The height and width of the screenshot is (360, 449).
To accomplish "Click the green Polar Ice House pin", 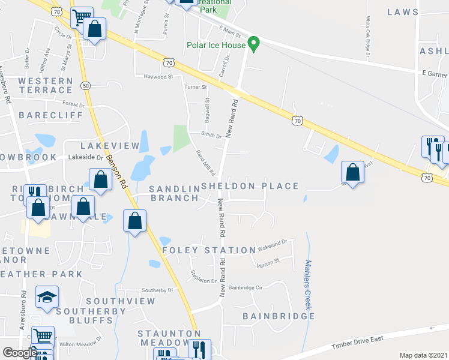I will point(253,44).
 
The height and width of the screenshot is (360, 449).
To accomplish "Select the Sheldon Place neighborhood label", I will point(250,186).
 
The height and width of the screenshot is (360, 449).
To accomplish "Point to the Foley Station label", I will point(209,250).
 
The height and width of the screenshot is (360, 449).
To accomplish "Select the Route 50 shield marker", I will point(86,86).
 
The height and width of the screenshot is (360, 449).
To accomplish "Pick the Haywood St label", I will point(158,77).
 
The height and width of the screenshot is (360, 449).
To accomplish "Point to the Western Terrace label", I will point(46,85).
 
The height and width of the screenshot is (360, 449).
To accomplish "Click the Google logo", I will point(19,353).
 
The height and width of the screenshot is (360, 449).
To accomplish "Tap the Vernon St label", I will point(268,262).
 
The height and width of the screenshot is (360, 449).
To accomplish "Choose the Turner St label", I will point(196,88).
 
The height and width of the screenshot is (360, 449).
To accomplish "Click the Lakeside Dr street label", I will point(86,157).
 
